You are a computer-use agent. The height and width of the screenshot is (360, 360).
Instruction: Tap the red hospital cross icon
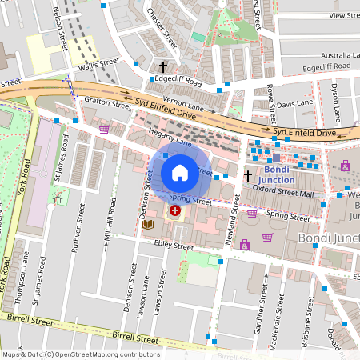point(174,210)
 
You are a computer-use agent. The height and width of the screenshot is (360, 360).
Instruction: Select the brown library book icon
point(147,226)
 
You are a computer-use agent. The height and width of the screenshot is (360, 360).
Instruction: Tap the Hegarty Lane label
point(167,138)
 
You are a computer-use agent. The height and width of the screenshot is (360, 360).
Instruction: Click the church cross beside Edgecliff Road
point(163,67)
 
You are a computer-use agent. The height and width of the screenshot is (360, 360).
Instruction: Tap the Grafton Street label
point(107,103)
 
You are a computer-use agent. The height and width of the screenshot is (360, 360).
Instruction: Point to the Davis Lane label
point(296,102)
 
